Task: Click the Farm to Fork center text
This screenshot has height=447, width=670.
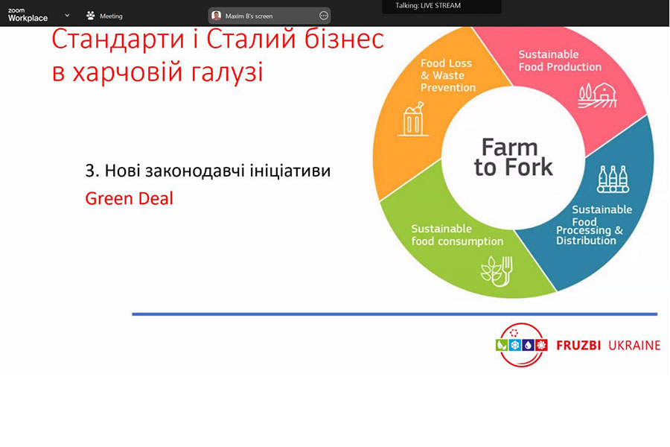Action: click(513, 157)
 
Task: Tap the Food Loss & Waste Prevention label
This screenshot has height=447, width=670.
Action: click(448, 75)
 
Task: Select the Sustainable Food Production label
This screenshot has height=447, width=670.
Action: click(560, 60)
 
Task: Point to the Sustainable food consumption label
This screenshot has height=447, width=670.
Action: click(457, 235)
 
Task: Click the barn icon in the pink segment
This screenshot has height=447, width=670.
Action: click(598, 95)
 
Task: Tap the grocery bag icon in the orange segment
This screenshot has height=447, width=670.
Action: click(413, 119)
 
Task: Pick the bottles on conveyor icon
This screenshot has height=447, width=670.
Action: click(613, 179)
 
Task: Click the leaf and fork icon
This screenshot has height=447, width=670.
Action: click(497, 270)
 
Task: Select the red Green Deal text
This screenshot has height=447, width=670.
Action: click(129, 198)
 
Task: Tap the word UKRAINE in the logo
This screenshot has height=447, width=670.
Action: click(634, 345)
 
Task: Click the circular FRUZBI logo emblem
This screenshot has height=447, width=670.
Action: click(521, 345)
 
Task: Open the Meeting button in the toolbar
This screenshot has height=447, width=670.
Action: click(104, 16)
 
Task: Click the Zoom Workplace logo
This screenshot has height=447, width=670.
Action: click(28, 15)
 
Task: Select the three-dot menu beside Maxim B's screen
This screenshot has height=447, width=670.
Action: click(324, 16)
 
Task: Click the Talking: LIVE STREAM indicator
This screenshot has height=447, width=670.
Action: click(428, 5)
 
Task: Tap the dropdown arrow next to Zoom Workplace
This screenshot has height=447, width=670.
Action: click(67, 16)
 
